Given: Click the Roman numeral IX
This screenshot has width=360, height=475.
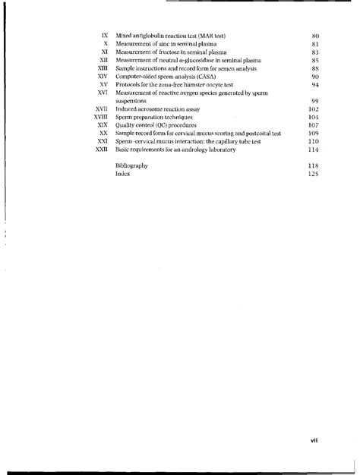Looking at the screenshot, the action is click(106, 36).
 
